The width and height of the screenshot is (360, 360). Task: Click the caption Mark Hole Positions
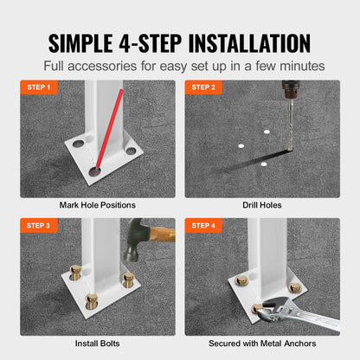point(98,206)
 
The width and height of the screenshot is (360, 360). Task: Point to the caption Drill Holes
point(261,206)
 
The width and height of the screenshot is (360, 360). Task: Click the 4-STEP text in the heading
point(157,43)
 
